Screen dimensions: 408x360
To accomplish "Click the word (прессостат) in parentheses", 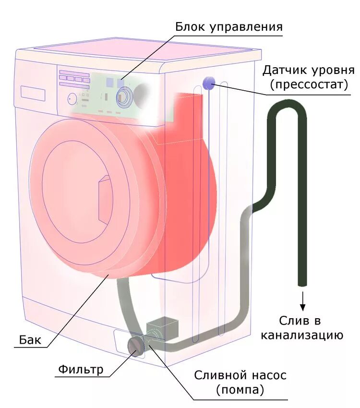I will (x=308, y=85).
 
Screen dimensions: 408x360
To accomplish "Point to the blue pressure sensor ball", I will (x=209, y=83).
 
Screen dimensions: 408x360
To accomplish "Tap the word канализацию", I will (x=302, y=335).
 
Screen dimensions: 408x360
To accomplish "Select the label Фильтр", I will (x=81, y=370).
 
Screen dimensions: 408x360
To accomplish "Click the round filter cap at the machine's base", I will (x=135, y=346).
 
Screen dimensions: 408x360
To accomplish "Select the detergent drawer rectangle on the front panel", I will (x=33, y=93).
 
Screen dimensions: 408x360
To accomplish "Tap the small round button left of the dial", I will (x=72, y=99).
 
